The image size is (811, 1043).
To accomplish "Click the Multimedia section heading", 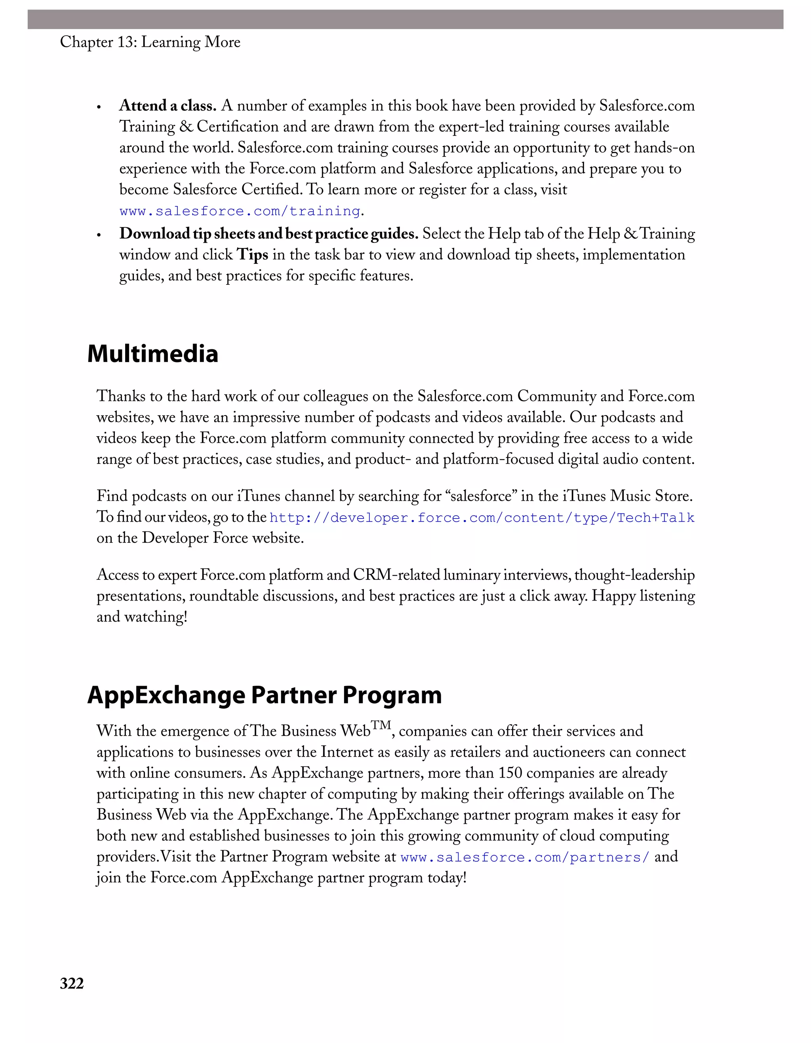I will (x=153, y=354).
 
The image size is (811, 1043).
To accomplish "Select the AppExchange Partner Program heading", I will (x=264, y=695).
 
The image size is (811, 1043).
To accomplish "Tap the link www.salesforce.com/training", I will (x=240, y=211).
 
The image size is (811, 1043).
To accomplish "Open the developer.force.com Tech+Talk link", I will (x=482, y=518).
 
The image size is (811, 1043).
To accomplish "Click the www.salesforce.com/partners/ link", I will (x=525, y=857).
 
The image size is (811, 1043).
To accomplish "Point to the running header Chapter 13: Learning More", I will (x=150, y=42).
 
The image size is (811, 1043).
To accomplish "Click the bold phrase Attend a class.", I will (x=168, y=105).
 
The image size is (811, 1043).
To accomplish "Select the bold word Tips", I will (x=253, y=255).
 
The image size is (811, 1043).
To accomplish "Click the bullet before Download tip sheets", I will (x=99, y=235).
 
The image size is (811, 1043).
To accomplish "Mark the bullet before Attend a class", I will (x=99, y=107).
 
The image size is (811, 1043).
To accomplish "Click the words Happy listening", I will (x=643, y=596).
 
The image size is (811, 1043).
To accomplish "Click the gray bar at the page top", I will (x=405, y=19).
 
